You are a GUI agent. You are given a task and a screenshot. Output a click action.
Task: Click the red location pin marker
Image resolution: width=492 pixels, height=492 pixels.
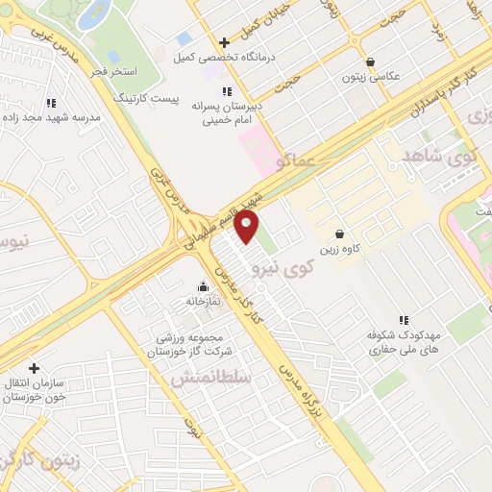click(x=248, y=228)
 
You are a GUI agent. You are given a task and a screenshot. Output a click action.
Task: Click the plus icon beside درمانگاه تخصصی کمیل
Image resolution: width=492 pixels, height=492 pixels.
click(x=225, y=42)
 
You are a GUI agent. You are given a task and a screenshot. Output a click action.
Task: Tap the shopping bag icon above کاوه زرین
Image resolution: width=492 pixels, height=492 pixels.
click(x=339, y=234)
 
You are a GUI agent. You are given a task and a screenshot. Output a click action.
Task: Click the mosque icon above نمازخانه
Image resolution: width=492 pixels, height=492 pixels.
click(x=203, y=286)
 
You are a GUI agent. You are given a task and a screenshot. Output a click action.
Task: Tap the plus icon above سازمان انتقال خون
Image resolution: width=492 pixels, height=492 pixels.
click(x=34, y=368)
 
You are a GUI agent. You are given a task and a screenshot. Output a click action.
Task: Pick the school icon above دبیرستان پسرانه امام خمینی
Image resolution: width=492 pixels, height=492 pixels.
click(x=226, y=90)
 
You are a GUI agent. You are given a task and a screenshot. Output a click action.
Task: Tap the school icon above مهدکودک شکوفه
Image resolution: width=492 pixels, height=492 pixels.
click(x=404, y=320)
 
